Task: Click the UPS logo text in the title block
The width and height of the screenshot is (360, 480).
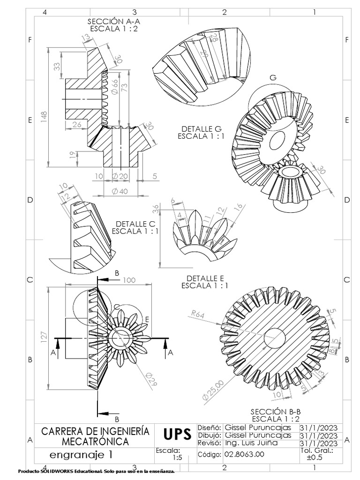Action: point(177,435)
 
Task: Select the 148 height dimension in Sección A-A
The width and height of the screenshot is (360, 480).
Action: point(43,117)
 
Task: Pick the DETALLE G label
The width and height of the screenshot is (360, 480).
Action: point(201,129)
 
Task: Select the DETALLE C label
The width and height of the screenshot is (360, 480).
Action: point(135,224)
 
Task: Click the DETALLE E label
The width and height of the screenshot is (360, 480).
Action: point(205,278)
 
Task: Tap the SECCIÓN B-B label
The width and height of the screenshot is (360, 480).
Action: point(275,411)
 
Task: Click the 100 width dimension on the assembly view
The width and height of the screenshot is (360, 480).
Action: point(129,280)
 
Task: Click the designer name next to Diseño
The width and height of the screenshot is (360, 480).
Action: point(258,428)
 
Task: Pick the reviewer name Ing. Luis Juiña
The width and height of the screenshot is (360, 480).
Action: point(251,443)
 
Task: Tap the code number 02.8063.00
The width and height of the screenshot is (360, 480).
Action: point(244,454)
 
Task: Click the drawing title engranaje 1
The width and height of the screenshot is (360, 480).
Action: point(81,454)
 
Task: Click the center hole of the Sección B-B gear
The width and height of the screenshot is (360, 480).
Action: point(274,337)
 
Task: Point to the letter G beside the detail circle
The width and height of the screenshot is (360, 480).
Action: point(273,77)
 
